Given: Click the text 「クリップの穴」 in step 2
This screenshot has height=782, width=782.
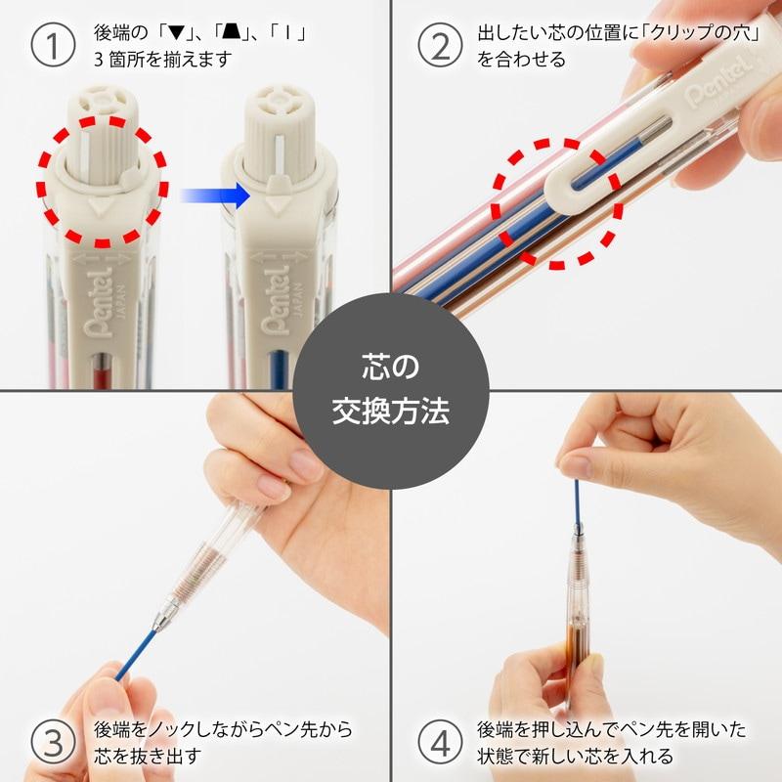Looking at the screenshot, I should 674,33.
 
